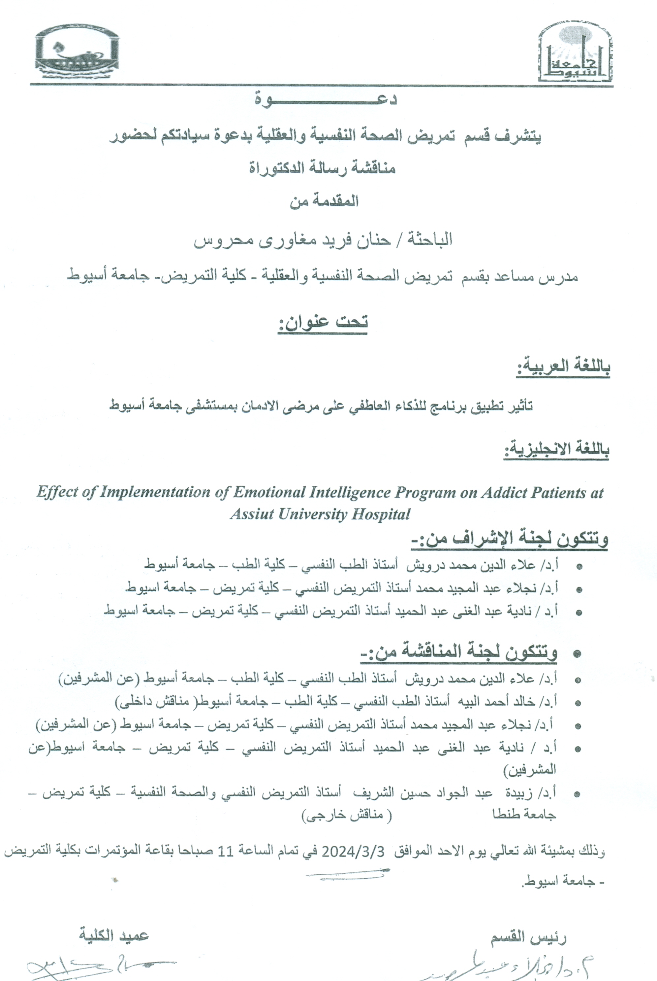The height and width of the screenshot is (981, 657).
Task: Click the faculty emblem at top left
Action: pyautogui.click(x=77, y=52)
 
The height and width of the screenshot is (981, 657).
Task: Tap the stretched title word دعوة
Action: pyautogui.click(x=325, y=100)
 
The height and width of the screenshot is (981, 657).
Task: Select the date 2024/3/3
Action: pyautogui.click(x=353, y=852)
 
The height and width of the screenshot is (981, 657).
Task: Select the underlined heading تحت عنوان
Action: pyautogui.click(x=323, y=322)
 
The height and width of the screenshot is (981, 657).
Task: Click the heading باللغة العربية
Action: pyautogui.click(x=563, y=367)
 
